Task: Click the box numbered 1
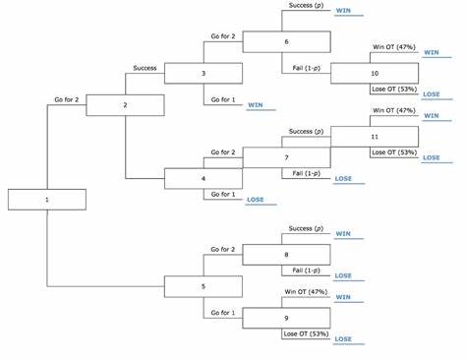point(47,200)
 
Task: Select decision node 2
point(125,105)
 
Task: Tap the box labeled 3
point(204,74)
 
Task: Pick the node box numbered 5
point(204,286)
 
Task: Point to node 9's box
point(286,318)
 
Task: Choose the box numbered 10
point(375,74)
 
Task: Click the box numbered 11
point(375,137)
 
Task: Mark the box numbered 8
point(286,255)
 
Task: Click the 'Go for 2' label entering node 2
point(67,99)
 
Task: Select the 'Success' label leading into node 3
point(145,68)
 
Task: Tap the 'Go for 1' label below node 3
point(223,99)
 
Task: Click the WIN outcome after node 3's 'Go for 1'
point(256,105)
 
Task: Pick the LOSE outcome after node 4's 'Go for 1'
point(256,200)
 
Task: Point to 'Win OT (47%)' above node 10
point(394,47)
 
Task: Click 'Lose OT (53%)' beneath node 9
point(306,333)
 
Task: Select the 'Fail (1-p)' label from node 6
point(307,68)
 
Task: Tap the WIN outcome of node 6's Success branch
point(343,11)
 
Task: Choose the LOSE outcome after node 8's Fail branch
point(343,275)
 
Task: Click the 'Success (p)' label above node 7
point(306,132)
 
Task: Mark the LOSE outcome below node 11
point(432,157)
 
